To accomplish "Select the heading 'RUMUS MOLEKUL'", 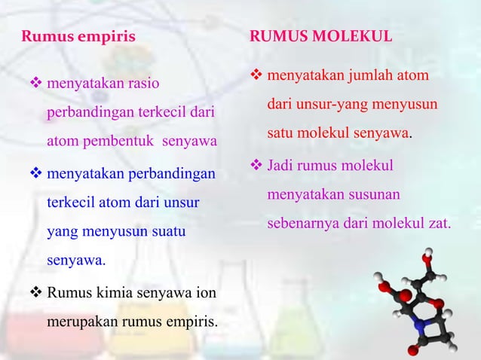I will point(321,35).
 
